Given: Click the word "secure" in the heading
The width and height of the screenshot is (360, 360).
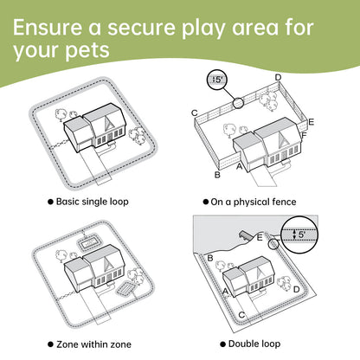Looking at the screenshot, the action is tap(141, 28).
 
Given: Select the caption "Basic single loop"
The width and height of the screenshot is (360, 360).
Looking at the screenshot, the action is tap(92, 202).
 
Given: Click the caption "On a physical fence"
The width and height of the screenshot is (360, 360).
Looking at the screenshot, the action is tap(254, 202).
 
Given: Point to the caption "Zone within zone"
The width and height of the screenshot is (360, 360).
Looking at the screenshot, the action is tap(93, 344).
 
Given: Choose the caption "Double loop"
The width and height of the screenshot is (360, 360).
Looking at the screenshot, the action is tap(254, 344).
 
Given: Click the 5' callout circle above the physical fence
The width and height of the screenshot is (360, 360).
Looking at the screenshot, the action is tap(217, 80).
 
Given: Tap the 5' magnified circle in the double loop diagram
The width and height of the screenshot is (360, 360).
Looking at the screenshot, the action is tap(299, 235).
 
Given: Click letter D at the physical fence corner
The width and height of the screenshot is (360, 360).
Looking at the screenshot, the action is tap(278, 77).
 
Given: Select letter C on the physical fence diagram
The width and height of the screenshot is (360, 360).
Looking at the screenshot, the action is tap(195, 112).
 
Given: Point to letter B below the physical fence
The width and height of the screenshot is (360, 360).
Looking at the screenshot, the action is tap(217, 175).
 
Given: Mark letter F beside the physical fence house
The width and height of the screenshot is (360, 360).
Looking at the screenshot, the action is tap(304, 135).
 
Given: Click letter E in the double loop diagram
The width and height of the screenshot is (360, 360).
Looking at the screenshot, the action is tap(260, 237).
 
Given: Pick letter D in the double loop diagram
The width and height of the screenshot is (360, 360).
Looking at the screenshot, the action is tap(296, 289).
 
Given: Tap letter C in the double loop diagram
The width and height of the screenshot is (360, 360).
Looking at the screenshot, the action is tap(241, 315).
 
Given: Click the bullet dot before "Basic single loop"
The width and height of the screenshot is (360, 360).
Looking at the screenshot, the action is tap(50, 202).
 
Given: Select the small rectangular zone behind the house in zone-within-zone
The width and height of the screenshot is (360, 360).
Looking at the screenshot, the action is tap(88, 243).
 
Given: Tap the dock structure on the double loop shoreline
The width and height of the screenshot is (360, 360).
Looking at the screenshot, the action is tap(246, 235).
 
